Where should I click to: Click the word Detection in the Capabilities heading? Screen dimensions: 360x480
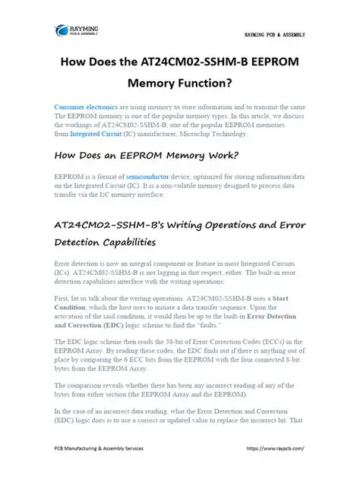pos(81,242)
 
